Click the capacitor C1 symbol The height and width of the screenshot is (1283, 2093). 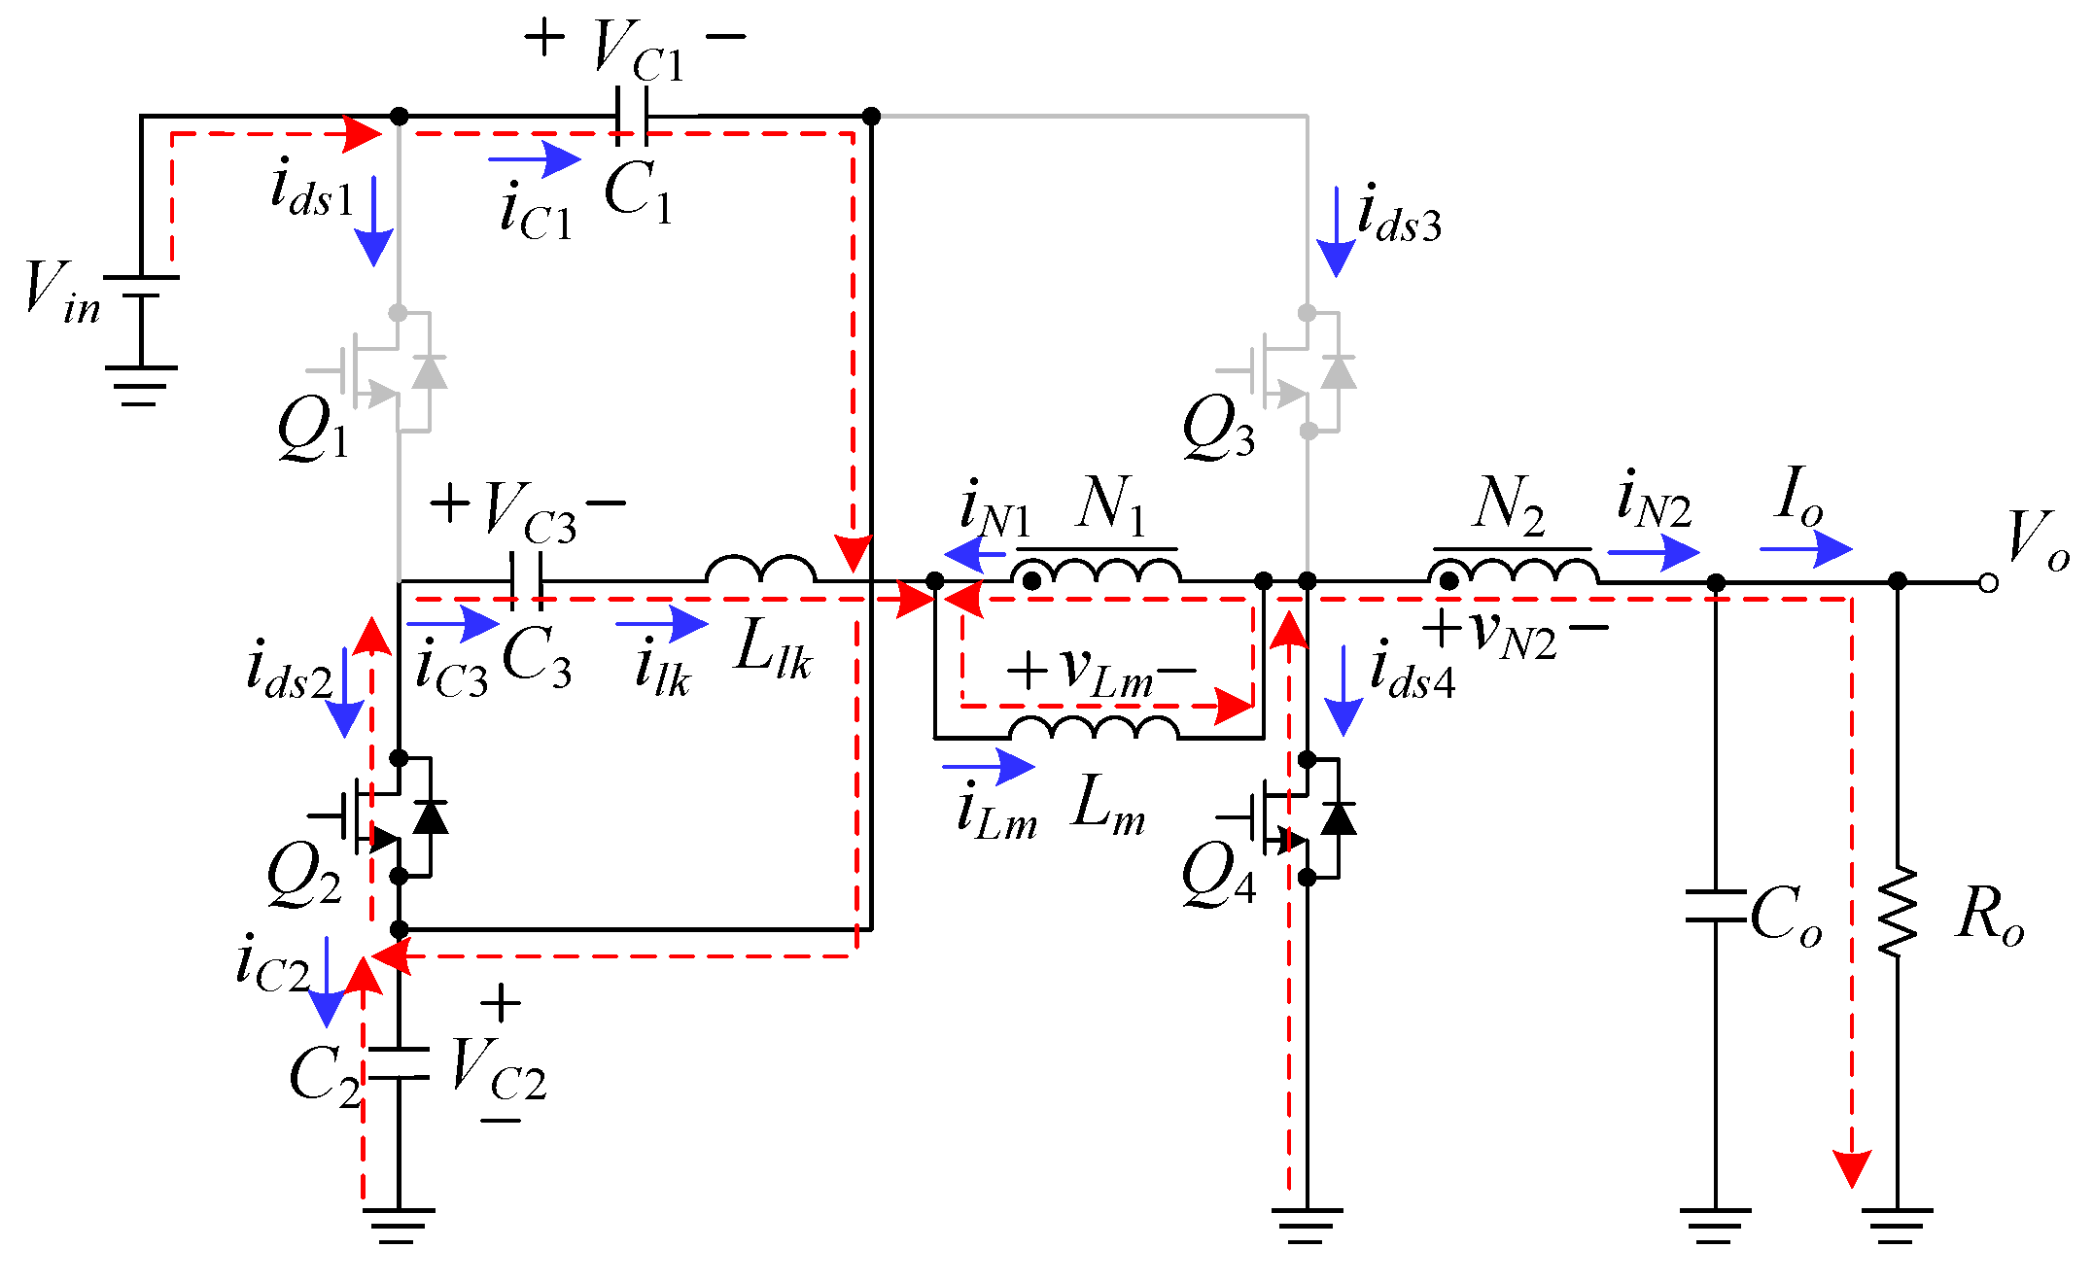coord(631,116)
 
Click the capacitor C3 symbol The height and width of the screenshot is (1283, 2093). coord(526,581)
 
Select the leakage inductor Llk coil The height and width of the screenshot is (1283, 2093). coord(760,570)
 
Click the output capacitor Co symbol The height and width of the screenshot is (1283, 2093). coord(1716,905)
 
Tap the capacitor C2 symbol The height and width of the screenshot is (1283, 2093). coord(399,1063)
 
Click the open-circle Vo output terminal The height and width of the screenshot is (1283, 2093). coord(1988,583)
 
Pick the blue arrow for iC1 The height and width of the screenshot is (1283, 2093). coord(534,158)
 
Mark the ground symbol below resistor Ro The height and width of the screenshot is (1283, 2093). coord(1897,1224)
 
